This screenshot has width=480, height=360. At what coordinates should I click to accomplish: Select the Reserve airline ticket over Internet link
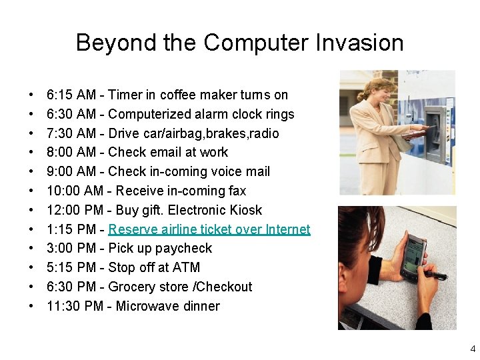(x=209, y=229)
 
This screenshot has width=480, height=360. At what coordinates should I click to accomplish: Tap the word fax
(x=237, y=191)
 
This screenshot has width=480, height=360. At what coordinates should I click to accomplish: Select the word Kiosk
(x=244, y=211)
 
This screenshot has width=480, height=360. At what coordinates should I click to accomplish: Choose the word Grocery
(x=131, y=287)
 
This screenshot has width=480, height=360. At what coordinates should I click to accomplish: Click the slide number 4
(x=473, y=349)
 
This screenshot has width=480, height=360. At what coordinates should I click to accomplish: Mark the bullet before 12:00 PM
(x=31, y=211)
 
